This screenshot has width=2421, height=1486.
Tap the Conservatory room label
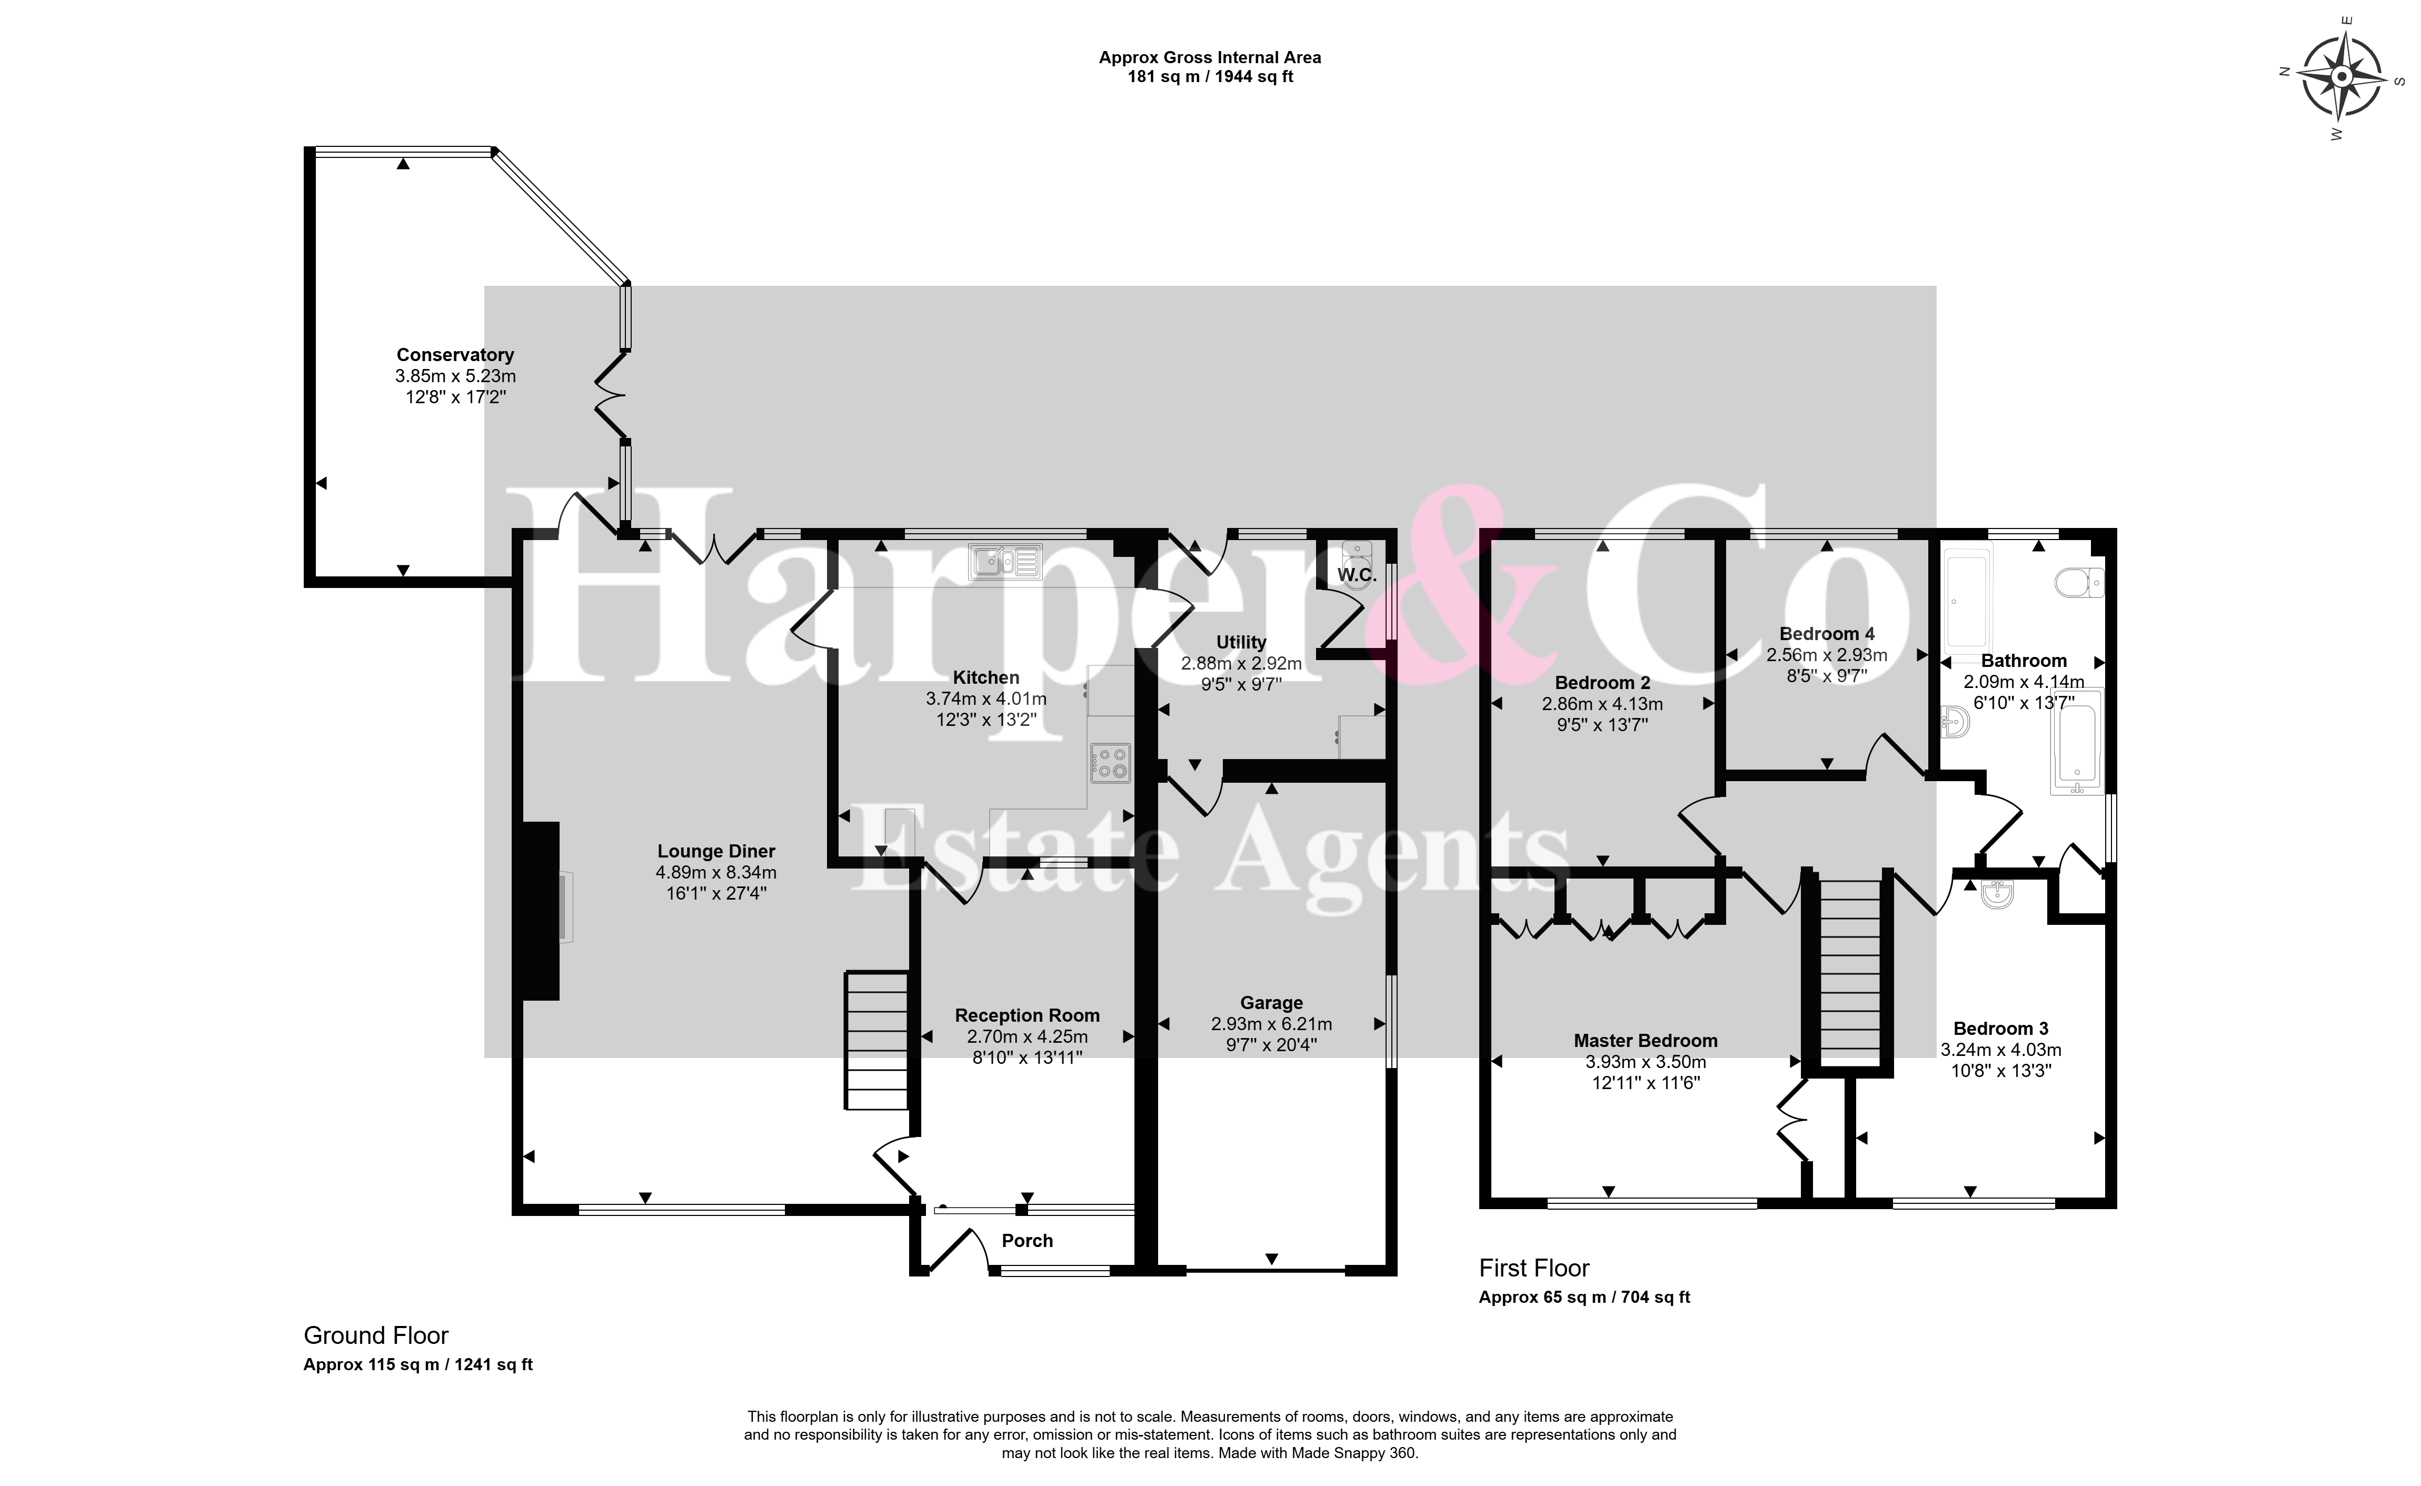455,355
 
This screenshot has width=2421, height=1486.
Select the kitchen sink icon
1004,561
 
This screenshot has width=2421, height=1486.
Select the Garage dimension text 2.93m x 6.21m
1271,1024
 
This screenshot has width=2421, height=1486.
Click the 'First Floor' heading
1534,1268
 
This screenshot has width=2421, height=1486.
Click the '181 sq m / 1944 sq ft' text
1210,77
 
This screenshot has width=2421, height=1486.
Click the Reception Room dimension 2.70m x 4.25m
1027,1037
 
